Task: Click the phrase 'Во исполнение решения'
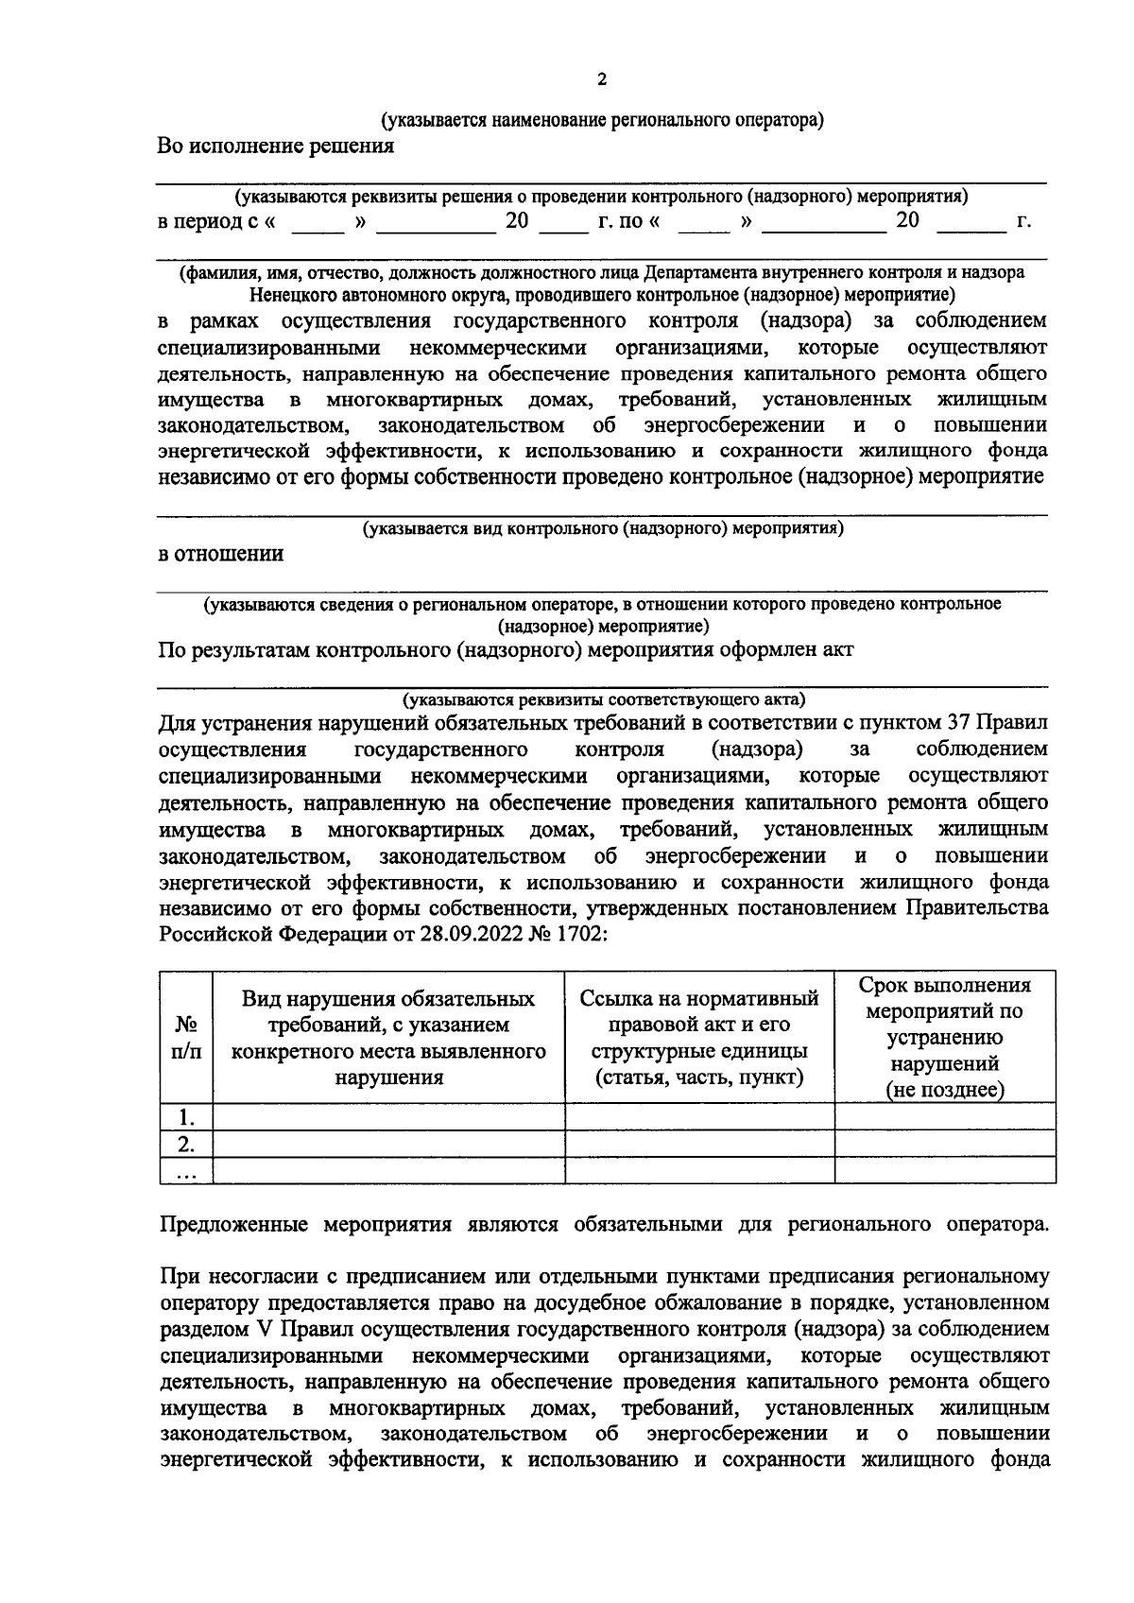275,147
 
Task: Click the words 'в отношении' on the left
221,555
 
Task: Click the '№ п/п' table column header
186,1038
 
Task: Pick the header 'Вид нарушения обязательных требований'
388,1038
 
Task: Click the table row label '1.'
186,1117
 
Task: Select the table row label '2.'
186,1144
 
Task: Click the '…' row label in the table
186,1172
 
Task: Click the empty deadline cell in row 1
945,1117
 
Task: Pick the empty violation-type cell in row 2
388,1144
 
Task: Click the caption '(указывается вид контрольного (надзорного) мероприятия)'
604,529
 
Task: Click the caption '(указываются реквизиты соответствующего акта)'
604,700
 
